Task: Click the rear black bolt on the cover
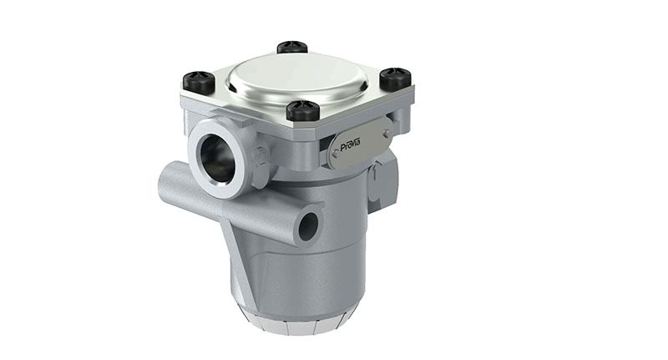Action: tap(291, 48)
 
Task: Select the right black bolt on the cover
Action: tap(394, 79)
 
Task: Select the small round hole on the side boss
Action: tap(308, 225)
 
